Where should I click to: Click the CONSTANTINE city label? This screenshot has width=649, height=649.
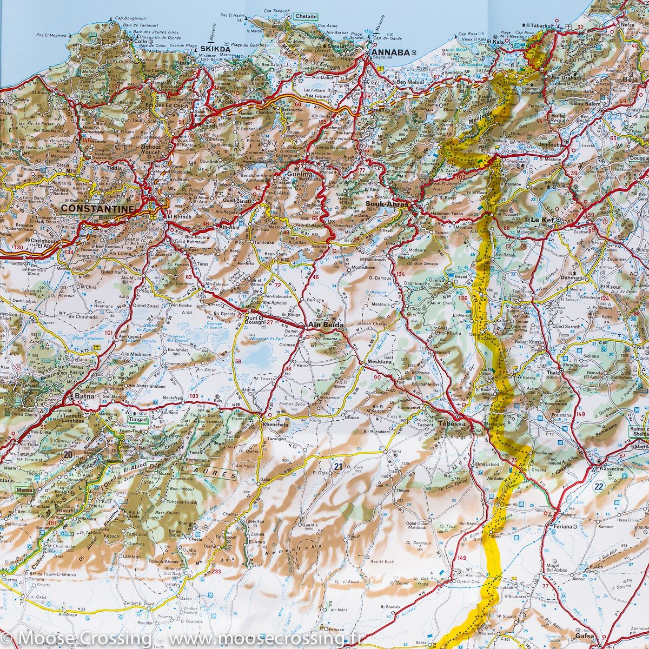(98, 208)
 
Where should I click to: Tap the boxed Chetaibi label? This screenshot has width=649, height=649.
(306, 17)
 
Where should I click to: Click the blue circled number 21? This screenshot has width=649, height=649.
(338, 466)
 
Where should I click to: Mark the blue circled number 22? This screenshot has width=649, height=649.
(598, 486)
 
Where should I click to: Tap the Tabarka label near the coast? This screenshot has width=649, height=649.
(541, 25)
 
